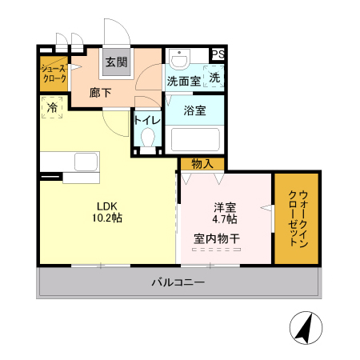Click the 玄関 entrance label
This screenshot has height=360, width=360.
[118, 62]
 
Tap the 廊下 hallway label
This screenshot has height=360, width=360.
[100, 93]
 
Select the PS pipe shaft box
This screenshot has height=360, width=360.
[218, 54]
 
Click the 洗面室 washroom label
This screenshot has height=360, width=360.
[182, 81]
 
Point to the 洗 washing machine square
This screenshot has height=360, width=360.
[214, 78]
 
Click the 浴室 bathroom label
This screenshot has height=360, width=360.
[195, 110]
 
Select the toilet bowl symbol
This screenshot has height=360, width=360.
[147, 139]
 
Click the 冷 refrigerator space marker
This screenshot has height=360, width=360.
[52, 106]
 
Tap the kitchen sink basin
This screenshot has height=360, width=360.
[86, 162]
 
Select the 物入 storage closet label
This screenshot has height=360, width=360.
[202, 163]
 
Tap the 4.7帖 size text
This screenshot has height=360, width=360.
[224, 218]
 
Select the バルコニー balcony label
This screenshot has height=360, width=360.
[178, 282]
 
